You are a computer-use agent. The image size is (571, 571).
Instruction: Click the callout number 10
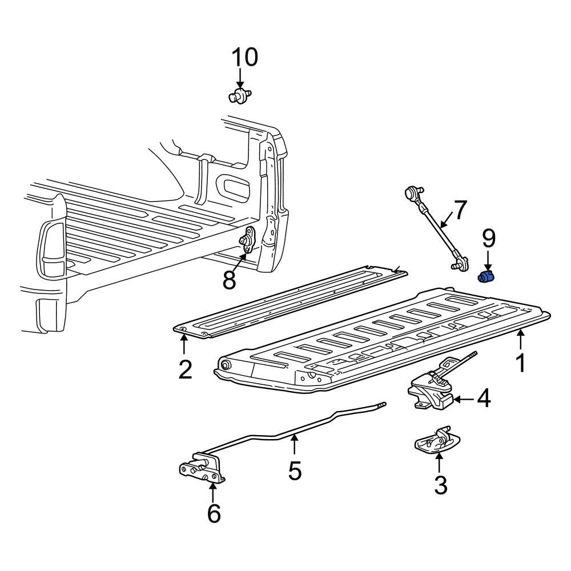pyautogui.click(x=244, y=57)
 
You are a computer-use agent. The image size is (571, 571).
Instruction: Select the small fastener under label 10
pyautogui.click(x=240, y=95)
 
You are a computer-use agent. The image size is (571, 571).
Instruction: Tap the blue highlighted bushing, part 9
pyautogui.click(x=486, y=277)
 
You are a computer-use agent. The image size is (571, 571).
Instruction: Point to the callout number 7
pyautogui.click(x=460, y=210)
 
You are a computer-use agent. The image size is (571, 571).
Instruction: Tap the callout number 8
pyautogui.click(x=230, y=280)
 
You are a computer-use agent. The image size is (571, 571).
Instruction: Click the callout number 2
pyautogui.click(x=184, y=369)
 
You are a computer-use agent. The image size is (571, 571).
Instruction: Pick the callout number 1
pyautogui.click(x=520, y=363)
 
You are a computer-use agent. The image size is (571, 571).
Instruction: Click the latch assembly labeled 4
pyautogui.click(x=432, y=391)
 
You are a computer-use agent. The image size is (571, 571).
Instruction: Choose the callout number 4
pyautogui.click(x=484, y=399)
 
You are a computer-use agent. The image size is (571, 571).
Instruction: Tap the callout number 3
pyautogui.click(x=440, y=485)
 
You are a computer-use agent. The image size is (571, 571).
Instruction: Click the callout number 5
pyautogui.click(x=295, y=471)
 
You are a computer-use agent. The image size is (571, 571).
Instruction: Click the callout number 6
pyautogui.click(x=213, y=514)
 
